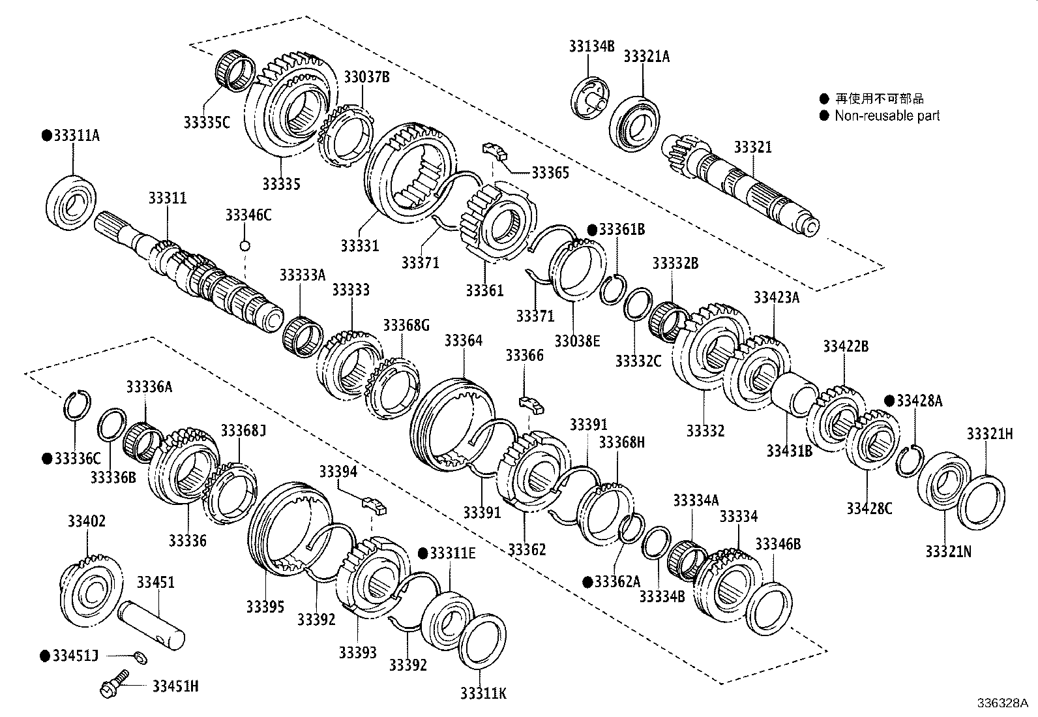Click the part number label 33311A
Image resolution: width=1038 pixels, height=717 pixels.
(x=76, y=136)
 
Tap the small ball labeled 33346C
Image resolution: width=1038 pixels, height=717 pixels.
(x=245, y=246)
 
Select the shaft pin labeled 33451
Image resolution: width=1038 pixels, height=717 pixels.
(x=151, y=624)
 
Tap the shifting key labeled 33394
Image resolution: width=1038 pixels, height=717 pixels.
(x=374, y=503)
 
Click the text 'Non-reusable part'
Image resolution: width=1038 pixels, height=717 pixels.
(x=887, y=116)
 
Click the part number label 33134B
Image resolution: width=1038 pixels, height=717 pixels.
(x=591, y=46)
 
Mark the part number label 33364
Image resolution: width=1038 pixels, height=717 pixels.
(x=464, y=341)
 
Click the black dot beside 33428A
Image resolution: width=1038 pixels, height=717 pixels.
(x=889, y=401)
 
